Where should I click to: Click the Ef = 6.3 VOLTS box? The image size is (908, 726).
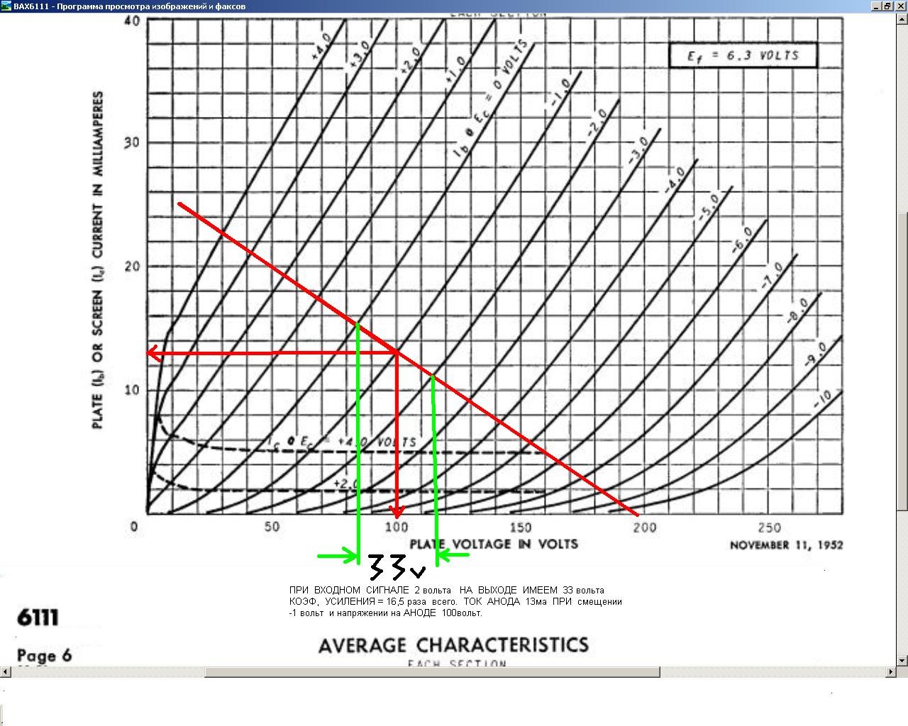pyautogui.click(x=743, y=55)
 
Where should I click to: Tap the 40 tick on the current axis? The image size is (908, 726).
pyautogui.click(x=131, y=21)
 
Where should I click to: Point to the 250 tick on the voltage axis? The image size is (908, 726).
pyautogui.click(x=769, y=527)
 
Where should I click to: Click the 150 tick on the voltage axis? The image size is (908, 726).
pyautogui.click(x=520, y=527)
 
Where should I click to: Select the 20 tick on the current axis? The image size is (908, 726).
pyautogui.click(x=131, y=267)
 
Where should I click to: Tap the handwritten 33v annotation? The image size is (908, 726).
pyautogui.click(x=397, y=567)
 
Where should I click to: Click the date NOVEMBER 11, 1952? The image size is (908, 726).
pyautogui.click(x=786, y=544)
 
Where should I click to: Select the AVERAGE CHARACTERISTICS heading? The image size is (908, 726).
pyautogui.click(x=453, y=645)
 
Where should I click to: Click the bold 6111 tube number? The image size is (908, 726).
pyautogui.click(x=38, y=618)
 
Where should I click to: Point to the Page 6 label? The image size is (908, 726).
pyautogui.click(x=44, y=654)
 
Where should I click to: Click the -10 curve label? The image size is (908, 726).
pyautogui.click(x=822, y=399)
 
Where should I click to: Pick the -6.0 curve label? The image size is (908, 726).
pyautogui.click(x=742, y=240)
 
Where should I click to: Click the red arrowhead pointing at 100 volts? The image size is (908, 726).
pyautogui.click(x=397, y=511)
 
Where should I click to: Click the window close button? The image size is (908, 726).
pyautogui.click(x=899, y=6)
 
